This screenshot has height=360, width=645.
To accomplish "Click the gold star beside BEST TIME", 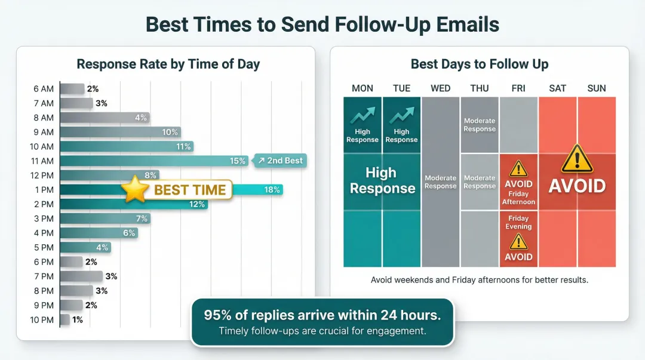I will click(135, 190).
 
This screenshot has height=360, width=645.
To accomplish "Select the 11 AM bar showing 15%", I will click(152, 161).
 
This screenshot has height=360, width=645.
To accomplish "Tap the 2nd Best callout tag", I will click(280, 161).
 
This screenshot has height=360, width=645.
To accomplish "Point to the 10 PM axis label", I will click(42, 320).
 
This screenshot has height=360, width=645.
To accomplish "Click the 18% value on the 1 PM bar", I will click(272, 190).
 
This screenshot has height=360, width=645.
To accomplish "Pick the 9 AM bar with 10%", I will click(119, 132).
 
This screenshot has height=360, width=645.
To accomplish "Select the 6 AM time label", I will click(44, 89).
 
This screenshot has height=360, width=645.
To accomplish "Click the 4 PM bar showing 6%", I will click(99, 233).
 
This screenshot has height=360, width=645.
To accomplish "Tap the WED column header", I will click(441, 88).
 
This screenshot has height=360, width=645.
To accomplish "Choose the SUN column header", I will click(597, 88).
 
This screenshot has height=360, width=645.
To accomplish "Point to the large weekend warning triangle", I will click(577, 159).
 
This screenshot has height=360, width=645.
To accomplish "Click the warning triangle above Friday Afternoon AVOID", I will click(518, 168).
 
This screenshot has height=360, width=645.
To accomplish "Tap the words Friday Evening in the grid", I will click(518, 222).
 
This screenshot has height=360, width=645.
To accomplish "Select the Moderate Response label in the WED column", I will click(441, 182).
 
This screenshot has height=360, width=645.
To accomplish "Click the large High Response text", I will click(382, 181).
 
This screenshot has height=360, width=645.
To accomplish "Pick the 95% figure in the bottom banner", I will click(218, 315).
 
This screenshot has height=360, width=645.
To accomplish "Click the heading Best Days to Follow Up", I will click(479, 64).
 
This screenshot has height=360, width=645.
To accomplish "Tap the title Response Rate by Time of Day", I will click(168, 64).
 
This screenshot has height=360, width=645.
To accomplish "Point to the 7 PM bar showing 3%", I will click(81, 276).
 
